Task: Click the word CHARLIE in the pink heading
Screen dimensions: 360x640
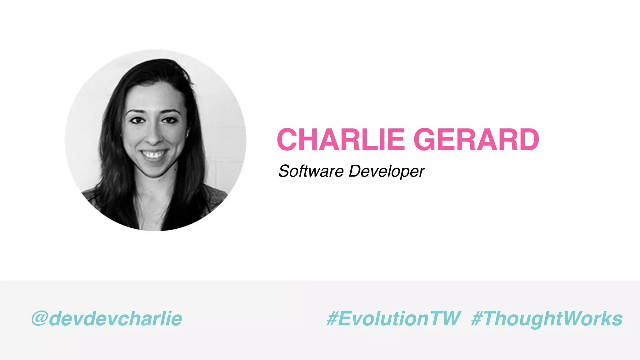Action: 341,139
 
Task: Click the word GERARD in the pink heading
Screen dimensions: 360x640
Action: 476,139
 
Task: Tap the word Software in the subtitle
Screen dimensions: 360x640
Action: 311,171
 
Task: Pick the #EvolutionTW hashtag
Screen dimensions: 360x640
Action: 393,319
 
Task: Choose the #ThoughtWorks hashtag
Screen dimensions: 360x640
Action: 547,319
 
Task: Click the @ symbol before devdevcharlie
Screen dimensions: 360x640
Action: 40,319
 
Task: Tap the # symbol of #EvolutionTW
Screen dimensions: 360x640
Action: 332,319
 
